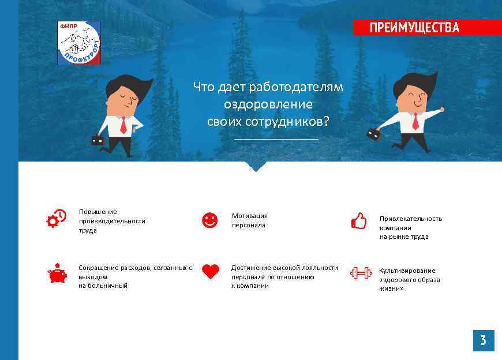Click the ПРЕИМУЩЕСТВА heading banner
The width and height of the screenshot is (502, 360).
pyautogui.click(x=414, y=28)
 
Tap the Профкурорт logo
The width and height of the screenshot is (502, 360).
pyautogui.click(x=79, y=43)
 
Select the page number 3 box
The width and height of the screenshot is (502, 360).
pyautogui.click(x=483, y=341)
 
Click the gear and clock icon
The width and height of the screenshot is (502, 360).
pyautogui.click(x=57, y=219)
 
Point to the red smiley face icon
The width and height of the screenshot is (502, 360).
pyautogui.click(x=209, y=220)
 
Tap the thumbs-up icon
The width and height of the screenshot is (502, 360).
pyautogui.click(x=359, y=221)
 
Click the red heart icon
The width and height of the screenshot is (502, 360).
pyautogui.click(x=211, y=272)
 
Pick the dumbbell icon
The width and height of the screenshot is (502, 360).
pyautogui.click(x=361, y=273)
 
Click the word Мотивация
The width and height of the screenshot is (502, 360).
pyautogui.click(x=249, y=216)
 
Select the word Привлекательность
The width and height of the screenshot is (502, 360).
pyautogui.click(x=410, y=219)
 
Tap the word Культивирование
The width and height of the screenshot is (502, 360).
pyautogui.click(x=407, y=271)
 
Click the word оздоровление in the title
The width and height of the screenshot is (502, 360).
pyautogui.click(x=268, y=104)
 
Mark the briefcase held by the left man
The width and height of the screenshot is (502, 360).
pyautogui.click(x=97, y=139)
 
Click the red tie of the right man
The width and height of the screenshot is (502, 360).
pyautogui.click(x=415, y=121)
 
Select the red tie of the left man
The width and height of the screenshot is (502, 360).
pyautogui.click(x=123, y=125)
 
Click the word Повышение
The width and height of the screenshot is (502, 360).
pyautogui.click(x=98, y=212)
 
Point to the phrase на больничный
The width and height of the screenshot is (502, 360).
pyautogui.click(x=103, y=286)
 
